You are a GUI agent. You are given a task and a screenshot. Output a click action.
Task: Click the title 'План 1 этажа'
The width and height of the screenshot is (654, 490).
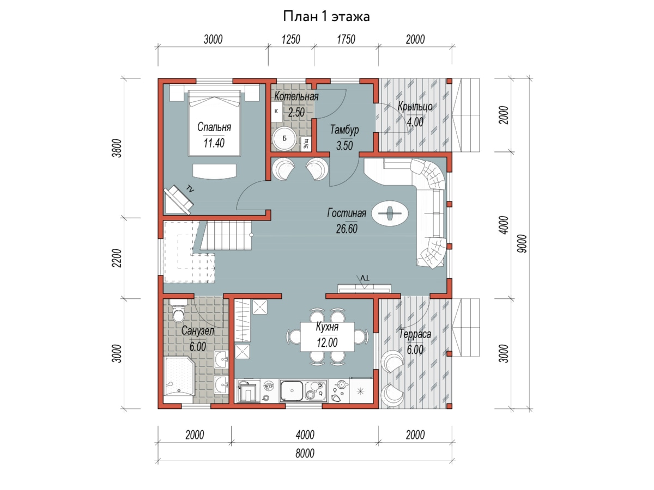click(326, 16)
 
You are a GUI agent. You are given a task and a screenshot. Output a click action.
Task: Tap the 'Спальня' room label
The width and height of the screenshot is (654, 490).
click(214, 127)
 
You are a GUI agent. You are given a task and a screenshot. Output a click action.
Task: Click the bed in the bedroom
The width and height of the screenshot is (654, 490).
click(214, 123)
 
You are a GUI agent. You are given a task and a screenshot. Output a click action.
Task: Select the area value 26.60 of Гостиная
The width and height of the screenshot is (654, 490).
click(347, 229)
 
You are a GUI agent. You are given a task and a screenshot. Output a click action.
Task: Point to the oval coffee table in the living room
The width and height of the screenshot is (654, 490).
click(390, 213)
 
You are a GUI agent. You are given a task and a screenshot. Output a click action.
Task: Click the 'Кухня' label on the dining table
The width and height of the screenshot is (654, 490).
click(327, 327)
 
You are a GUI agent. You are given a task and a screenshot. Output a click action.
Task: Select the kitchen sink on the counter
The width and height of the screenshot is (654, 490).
click(291, 390)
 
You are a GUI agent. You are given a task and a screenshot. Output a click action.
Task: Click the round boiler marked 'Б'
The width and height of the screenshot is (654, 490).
click(284, 138)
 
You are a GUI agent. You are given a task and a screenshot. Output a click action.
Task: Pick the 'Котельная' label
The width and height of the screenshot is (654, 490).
click(296, 96)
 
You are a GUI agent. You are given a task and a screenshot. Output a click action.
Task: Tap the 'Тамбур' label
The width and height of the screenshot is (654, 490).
click(344, 130)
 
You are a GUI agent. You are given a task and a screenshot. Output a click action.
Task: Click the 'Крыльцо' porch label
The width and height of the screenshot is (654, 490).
click(415, 107)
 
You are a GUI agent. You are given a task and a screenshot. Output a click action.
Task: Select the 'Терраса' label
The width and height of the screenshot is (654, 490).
click(415, 334)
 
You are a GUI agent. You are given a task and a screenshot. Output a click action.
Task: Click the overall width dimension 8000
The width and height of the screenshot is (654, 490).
click(305, 454)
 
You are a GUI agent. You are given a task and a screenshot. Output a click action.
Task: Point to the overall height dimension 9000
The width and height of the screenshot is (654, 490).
click(522, 244)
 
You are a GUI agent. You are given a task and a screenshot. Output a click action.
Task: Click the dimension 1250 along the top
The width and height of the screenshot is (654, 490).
click(291, 39)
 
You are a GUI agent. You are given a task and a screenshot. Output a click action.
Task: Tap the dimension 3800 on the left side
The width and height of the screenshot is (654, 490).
click(118, 148)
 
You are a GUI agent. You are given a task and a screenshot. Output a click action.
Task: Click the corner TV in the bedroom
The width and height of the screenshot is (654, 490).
click(178, 200)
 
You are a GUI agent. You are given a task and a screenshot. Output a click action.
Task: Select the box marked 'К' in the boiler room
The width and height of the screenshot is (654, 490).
click(277, 111)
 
